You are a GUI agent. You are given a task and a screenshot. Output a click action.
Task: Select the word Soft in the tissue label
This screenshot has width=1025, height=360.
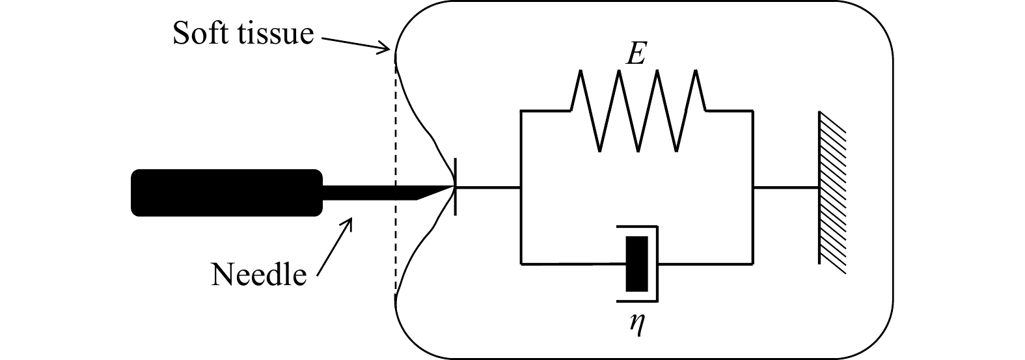[x=200, y=33]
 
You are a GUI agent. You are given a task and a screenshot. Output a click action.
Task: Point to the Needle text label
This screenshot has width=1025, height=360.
[x=258, y=275]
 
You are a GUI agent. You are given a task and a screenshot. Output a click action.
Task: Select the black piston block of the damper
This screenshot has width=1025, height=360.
[x=636, y=264]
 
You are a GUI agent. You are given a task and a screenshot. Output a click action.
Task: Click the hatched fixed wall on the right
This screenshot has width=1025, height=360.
[x=832, y=188]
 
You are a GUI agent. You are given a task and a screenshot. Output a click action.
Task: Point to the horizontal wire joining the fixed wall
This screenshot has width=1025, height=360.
[x=786, y=188]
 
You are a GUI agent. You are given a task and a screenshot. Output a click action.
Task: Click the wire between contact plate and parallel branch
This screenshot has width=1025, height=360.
[x=488, y=188]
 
